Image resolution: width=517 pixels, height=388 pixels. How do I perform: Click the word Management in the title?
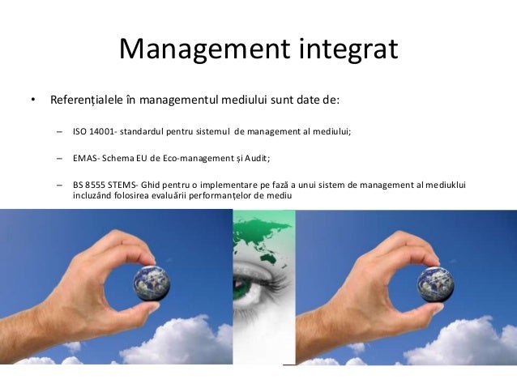click(x=202, y=49)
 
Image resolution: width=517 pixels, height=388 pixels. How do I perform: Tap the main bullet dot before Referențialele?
click(x=33, y=102)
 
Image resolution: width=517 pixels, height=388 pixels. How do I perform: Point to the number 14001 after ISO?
click(x=100, y=130)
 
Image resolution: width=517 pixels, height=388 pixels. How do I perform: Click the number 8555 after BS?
click(x=99, y=185)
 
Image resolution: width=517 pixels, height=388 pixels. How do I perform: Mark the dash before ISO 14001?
click(x=60, y=130)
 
